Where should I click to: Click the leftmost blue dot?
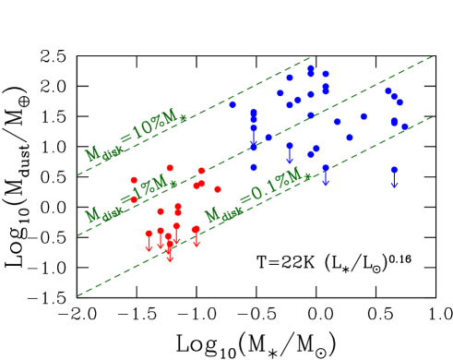tap(232, 105)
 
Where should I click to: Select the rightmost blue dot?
tap(405, 126)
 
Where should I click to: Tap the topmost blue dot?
tap(311, 67)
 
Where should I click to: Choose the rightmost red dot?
tap(218, 189)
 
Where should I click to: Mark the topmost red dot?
tap(170, 168)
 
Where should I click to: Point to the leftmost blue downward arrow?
tap(254, 140)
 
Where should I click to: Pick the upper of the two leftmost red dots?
tap(134, 180)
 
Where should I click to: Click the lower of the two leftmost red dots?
tap(134, 199)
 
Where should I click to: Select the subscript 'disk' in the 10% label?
tap(113, 154)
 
